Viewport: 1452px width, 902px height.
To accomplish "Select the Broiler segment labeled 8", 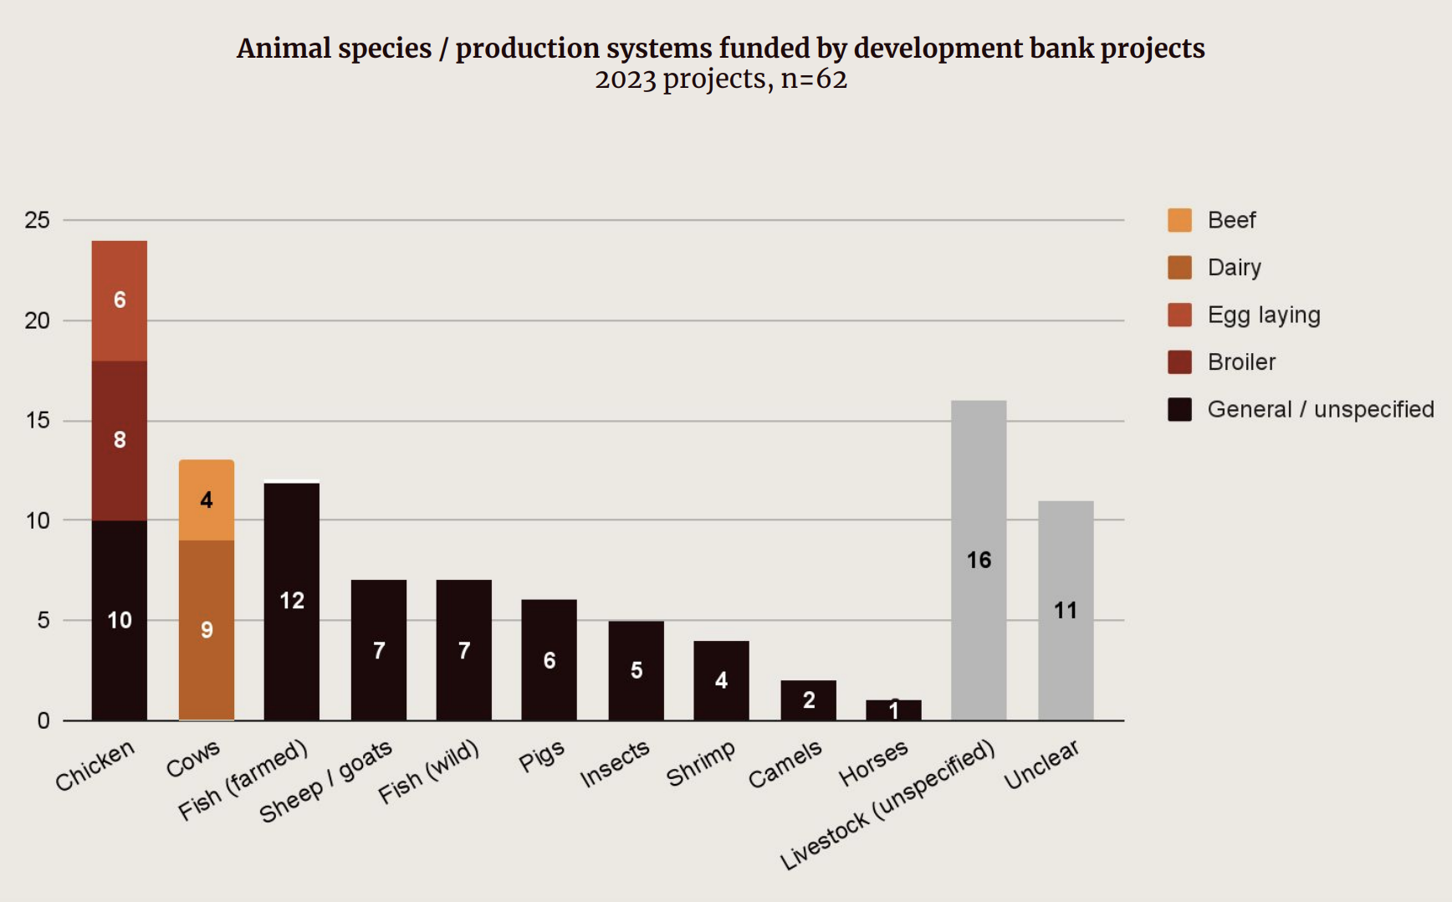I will tap(120, 440).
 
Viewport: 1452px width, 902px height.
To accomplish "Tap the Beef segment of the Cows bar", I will tap(207, 500).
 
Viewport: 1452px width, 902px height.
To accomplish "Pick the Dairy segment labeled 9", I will tap(207, 629).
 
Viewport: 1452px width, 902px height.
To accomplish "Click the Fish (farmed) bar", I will tap(291, 600).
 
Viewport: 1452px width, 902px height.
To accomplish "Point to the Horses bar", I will tap(893, 710).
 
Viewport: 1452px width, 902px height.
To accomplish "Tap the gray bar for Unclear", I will tap(1066, 610).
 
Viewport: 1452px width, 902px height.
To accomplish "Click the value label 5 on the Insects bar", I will tap(637, 670).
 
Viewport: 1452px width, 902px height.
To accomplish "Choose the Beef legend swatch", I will tap(1179, 220).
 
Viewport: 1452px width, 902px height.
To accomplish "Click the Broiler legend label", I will tap(1241, 362).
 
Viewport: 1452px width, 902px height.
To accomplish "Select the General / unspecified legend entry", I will tap(1320, 409).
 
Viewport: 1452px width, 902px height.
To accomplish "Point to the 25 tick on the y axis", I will tap(38, 220).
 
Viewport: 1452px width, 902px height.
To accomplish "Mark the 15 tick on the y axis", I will tap(38, 420).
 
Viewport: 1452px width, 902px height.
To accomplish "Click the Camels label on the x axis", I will tap(785, 765).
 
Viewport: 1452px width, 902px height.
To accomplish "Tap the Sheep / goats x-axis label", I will tap(325, 782).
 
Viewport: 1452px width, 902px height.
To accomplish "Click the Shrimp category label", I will tap(701, 763).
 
